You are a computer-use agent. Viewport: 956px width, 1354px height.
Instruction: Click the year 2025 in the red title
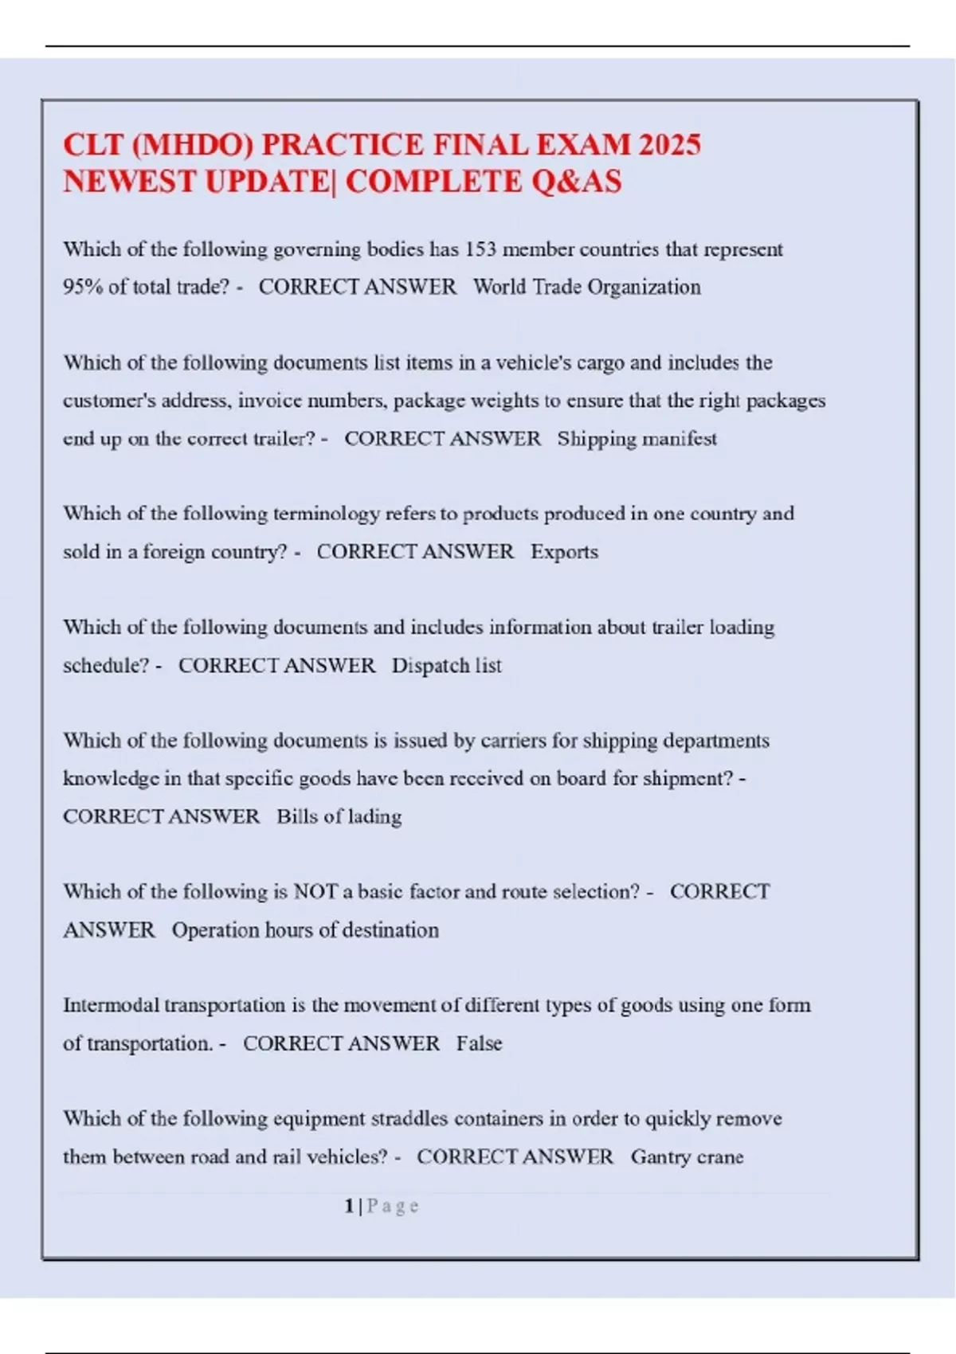tap(669, 145)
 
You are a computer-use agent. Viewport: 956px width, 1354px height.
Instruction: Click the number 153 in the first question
tap(480, 249)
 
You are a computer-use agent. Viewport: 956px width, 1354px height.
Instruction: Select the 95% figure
tap(83, 287)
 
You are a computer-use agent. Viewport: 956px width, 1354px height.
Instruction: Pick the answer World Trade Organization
tap(586, 287)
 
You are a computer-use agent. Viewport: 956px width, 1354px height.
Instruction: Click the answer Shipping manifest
tap(637, 439)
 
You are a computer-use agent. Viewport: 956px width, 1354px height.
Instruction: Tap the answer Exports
tap(564, 552)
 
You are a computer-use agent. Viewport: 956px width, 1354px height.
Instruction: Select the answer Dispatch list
tap(446, 666)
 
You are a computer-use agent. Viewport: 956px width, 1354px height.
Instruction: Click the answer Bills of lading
tap(339, 817)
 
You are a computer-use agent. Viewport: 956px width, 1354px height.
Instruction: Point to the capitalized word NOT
tap(315, 892)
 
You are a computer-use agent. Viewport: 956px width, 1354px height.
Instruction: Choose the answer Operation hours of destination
tap(305, 930)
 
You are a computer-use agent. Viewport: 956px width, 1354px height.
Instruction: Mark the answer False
tap(479, 1043)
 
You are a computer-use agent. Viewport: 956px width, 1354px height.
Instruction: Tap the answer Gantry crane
tap(687, 1157)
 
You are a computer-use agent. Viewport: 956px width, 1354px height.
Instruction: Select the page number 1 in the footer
tap(349, 1207)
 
